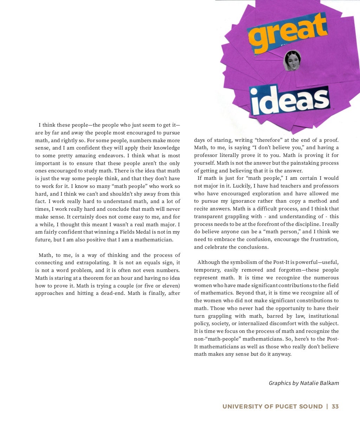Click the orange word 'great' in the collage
click(x=288, y=33)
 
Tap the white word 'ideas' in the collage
click(x=290, y=100)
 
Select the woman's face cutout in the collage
click(x=292, y=60)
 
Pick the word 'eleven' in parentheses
click(x=170, y=286)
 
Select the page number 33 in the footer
click(x=335, y=406)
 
